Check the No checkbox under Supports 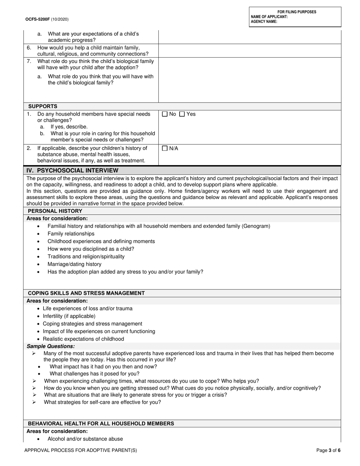[164, 114]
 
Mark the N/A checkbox [164, 149]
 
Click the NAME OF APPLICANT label [269, 17]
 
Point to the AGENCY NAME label [264, 22]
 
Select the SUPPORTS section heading [43, 106]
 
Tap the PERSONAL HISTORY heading [55, 211]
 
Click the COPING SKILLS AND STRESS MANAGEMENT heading [86, 293]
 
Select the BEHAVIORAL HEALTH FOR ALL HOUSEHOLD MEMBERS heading [101, 424]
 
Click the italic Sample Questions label [51, 346]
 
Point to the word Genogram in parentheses [256, 226]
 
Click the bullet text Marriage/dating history [74, 264]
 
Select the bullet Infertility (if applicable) [69, 316]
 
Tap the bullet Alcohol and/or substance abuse [85, 439]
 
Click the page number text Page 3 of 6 [328, 450]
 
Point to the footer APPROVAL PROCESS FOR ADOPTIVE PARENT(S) [81, 450]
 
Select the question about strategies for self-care [102, 402]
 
